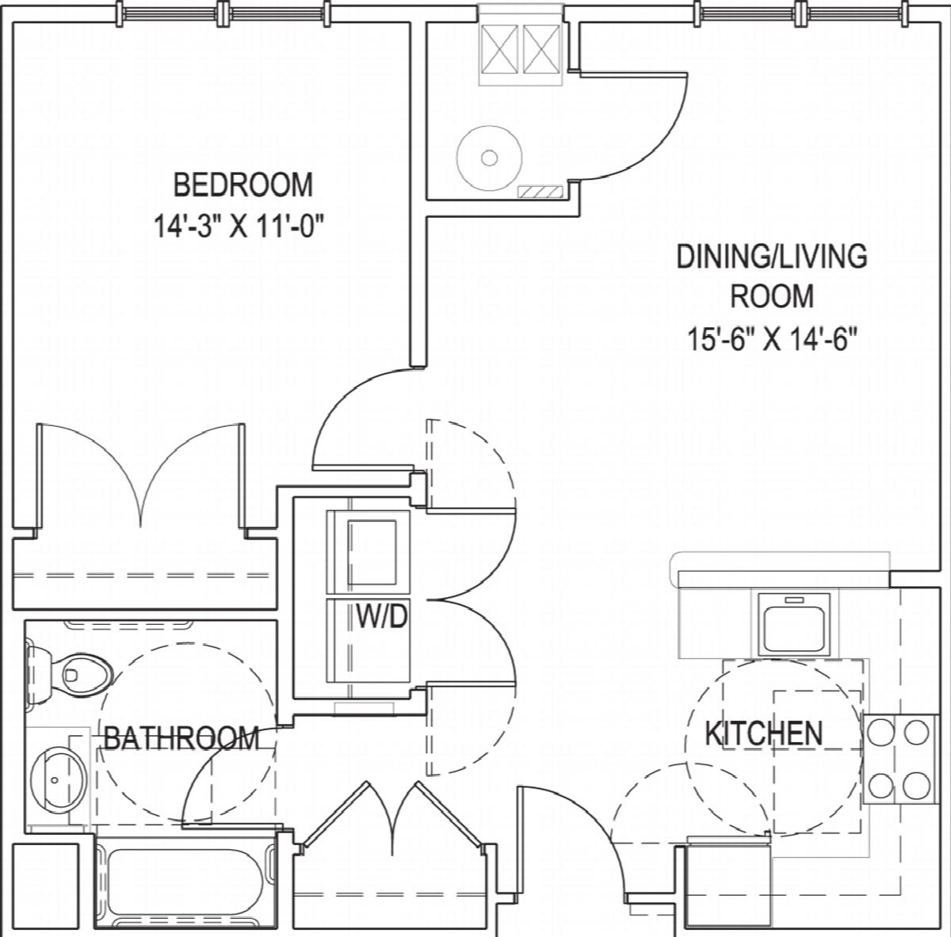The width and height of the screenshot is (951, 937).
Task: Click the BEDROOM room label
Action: [x=243, y=185]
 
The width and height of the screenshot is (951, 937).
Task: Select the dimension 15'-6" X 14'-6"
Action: [x=772, y=340]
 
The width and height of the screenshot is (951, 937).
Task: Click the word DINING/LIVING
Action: [x=772, y=256]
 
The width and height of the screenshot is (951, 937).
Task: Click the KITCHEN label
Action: [x=764, y=733]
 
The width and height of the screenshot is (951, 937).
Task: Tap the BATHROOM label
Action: [x=181, y=738]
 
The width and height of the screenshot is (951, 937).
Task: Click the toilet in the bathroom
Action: [x=69, y=672]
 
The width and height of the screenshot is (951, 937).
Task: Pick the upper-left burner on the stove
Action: [x=881, y=732]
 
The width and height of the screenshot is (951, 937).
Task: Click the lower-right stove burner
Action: [x=918, y=786]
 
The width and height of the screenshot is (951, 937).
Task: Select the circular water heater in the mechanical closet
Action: [x=489, y=158]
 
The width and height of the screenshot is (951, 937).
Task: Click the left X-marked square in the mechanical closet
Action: [x=499, y=49]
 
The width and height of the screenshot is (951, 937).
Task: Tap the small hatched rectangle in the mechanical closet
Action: [x=540, y=192]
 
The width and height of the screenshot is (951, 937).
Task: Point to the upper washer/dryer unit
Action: [x=369, y=552]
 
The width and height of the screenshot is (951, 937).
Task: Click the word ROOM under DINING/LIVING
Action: [x=772, y=296]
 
